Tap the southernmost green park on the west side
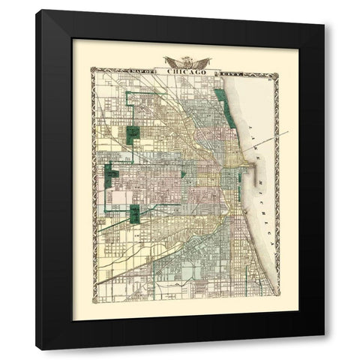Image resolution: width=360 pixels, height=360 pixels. coord(136,214)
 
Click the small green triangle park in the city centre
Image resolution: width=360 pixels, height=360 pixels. coord(182,174)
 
